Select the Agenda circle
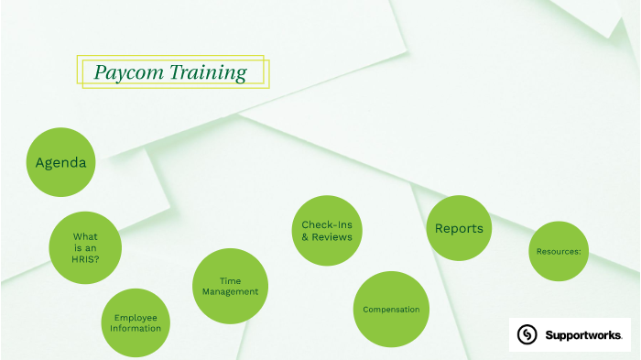click(60, 162)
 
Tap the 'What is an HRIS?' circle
click(85, 247)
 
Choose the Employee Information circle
click(136, 322)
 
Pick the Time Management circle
click(230, 286)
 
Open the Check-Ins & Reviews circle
click(326, 231)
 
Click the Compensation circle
click(391, 309)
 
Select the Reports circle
click(459, 229)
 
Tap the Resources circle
click(559, 251)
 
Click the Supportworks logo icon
click(527, 334)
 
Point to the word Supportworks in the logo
click(583, 334)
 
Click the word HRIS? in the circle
click(85, 259)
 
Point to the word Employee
click(136, 317)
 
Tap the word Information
click(136, 328)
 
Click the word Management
click(230, 292)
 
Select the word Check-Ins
click(327, 224)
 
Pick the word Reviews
click(332, 237)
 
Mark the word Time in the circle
click(230, 280)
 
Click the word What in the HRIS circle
click(85, 235)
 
